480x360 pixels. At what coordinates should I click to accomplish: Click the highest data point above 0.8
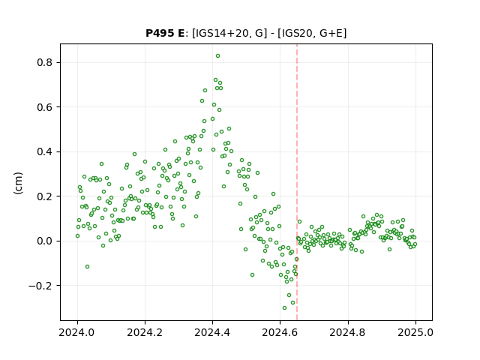pos(217,56)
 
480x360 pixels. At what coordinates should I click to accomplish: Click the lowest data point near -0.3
pos(284,307)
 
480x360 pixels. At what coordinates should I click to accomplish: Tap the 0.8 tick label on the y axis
pos(45,62)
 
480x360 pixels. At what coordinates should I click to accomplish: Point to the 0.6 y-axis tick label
pos(45,107)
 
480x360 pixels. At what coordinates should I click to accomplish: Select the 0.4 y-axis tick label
pos(45,151)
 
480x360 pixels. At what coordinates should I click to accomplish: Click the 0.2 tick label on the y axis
pos(45,196)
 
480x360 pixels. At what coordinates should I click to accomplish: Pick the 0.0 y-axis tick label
pos(45,241)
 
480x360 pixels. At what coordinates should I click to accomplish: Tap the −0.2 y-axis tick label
pos(41,286)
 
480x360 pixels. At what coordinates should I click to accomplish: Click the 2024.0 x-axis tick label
pos(77,332)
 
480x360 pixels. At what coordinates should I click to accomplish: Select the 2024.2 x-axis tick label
pos(145,332)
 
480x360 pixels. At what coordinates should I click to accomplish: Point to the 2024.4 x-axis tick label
pos(212,332)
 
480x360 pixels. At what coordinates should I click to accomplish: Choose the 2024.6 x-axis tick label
pos(280,332)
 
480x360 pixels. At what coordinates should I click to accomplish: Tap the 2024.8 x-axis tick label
pos(347,332)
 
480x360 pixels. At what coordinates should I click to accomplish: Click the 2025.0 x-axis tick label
pos(415,332)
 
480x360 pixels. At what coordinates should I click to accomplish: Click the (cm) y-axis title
pos(18,183)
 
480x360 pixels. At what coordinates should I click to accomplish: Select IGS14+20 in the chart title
pos(220,33)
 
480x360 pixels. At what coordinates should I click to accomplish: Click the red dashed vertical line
pos(297,182)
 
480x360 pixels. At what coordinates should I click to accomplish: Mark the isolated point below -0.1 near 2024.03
pos(87,267)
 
